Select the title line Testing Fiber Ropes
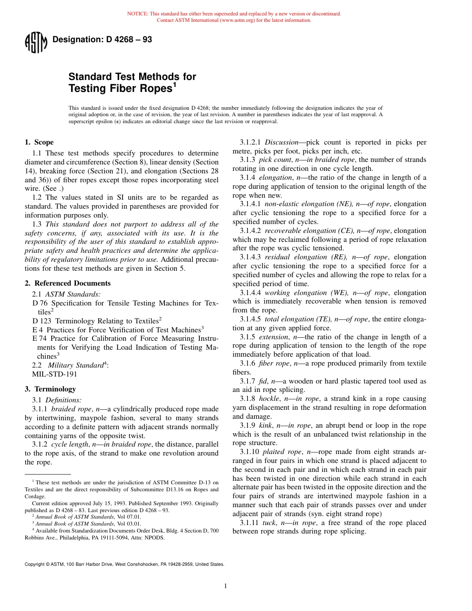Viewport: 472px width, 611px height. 122,89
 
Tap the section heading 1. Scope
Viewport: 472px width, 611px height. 39,142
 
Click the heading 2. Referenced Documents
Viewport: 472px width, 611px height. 68,283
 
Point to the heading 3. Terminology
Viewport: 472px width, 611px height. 50,389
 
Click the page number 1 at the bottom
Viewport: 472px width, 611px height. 226,586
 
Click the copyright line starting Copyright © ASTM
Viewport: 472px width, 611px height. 124,564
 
